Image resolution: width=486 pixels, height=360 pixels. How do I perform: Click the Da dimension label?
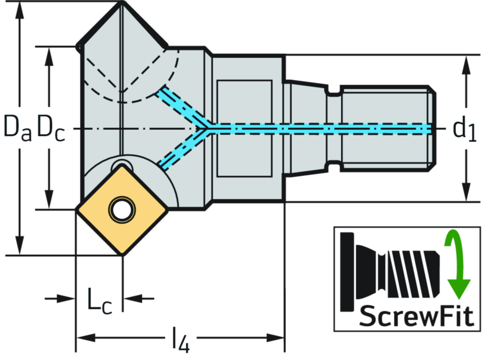point(18,127)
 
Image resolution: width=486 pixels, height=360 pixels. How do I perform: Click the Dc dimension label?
point(51,127)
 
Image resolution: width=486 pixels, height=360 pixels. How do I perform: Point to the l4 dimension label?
point(180,339)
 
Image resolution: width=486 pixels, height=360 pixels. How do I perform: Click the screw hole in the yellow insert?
point(122,208)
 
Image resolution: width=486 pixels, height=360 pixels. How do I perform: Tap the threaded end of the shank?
point(387,128)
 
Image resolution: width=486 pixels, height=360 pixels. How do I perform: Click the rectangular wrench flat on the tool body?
point(244,128)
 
